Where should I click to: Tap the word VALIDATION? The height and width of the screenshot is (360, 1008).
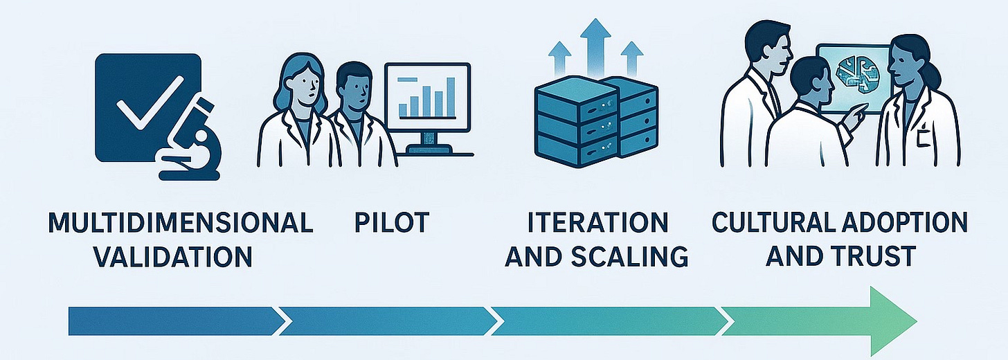pos(172,256)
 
